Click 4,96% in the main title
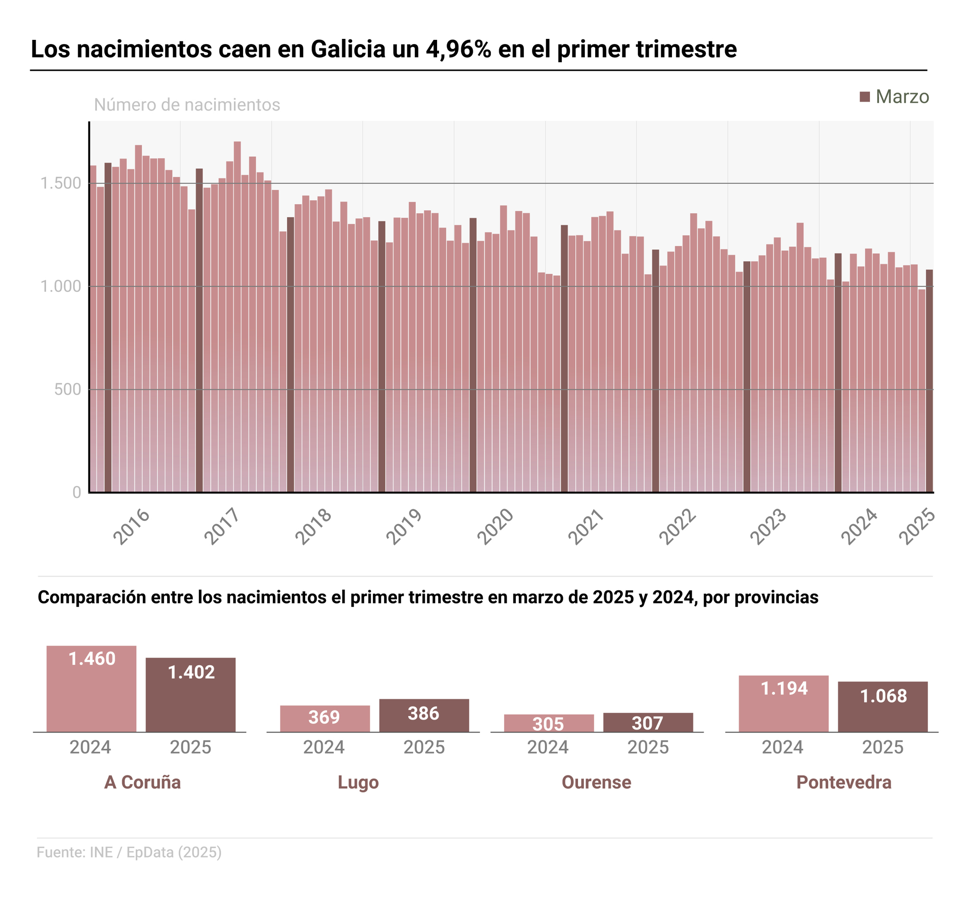(x=458, y=49)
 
